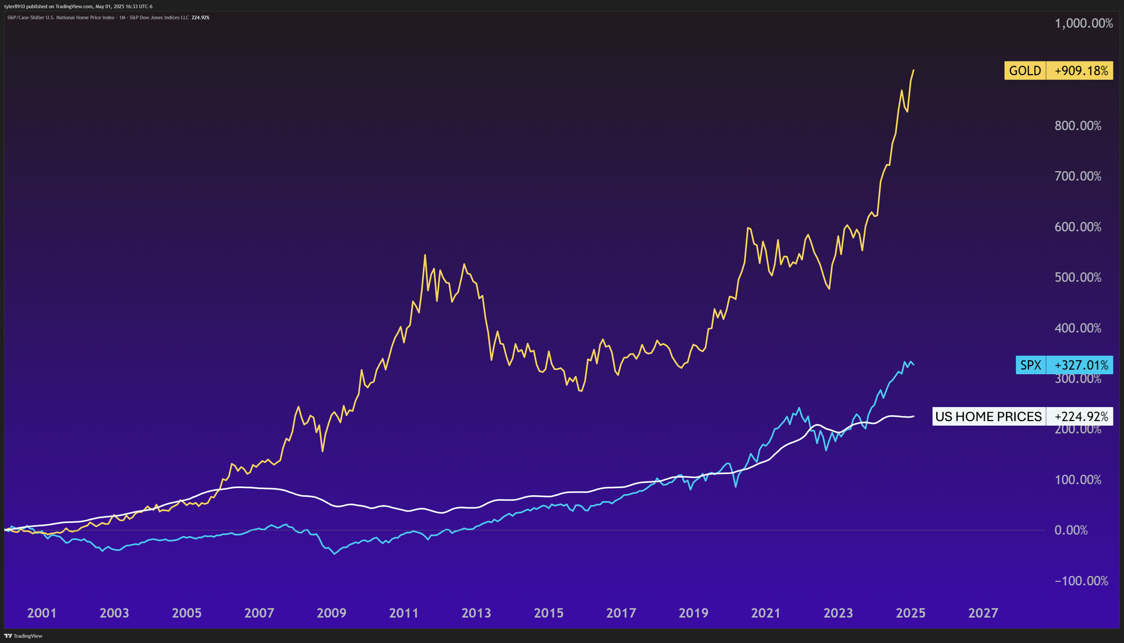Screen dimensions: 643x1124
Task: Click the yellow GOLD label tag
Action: coord(1025,71)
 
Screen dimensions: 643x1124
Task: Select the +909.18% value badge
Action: coord(1080,71)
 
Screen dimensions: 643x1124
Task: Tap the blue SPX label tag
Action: coord(1030,365)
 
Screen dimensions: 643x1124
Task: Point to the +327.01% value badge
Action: coord(1080,365)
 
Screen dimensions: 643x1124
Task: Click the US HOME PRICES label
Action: coord(988,417)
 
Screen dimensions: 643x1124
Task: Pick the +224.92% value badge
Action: coord(1080,417)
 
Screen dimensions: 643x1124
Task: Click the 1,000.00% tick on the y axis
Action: coord(1084,24)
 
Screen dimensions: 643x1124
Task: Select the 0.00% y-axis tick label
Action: coord(1071,530)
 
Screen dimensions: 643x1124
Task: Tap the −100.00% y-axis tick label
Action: coord(1081,581)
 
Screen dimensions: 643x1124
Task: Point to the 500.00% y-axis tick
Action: coord(1078,277)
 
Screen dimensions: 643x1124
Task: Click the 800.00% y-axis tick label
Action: coord(1078,126)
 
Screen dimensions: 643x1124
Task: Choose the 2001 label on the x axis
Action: coord(42,613)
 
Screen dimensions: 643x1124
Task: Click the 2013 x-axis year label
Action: coord(476,613)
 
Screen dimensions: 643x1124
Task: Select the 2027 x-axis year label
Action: coord(983,613)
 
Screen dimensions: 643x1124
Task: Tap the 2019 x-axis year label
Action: coord(694,613)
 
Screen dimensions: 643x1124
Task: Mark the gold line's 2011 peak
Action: coord(425,256)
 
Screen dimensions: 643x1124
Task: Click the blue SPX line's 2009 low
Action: coord(334,554)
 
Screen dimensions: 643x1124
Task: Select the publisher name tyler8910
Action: coord(15,7)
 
